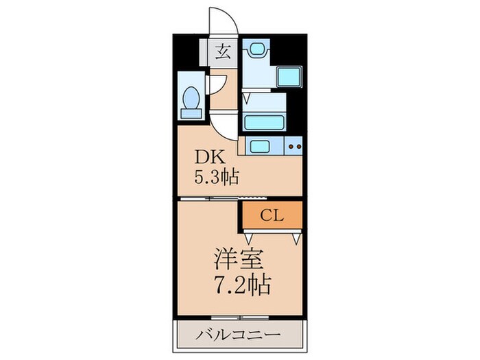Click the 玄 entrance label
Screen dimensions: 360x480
click(224, 52)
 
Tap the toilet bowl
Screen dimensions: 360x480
click(191, 99)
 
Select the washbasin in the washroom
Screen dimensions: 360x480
click(258, 49)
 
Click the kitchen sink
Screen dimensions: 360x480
click(261, 146)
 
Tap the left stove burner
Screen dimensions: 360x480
click(291, 146)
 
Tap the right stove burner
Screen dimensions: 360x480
click(298, 146)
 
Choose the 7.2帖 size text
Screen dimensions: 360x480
click(240, 283)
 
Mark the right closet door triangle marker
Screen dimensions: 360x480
click(296, 238)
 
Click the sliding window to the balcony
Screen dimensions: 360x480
click(226, 317)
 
